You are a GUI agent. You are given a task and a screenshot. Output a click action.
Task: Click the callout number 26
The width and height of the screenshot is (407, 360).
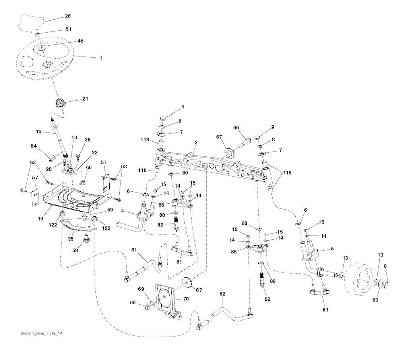click(68, 16)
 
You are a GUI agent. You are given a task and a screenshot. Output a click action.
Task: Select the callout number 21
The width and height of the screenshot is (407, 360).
click(85, 99)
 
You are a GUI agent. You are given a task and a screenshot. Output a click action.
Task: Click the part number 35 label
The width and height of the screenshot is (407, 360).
click(71, 239)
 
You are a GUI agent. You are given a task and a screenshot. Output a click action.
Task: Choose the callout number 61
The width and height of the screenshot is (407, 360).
click(134, 250)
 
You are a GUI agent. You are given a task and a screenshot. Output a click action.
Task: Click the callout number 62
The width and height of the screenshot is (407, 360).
click(222, 294)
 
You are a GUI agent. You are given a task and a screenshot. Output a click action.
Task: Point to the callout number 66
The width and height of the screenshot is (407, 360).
click(236, 128)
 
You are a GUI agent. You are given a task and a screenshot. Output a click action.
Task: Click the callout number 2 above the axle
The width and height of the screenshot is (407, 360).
click(196, 142)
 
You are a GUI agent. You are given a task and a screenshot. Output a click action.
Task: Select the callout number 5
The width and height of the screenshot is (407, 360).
click(332, 249)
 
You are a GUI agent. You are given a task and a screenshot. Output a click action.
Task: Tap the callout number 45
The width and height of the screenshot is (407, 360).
click(81, 41)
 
